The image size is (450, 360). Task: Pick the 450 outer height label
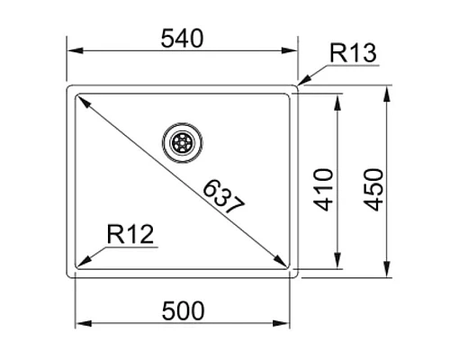(x=373, y=187)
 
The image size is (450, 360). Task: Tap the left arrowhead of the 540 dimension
(x=72, y=51)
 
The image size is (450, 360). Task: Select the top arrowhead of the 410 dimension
(x=338, y=102)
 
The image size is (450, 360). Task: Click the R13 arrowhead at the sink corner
(x=301, y=85)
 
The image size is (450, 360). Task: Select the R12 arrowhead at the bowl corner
(x=83, y=261)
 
